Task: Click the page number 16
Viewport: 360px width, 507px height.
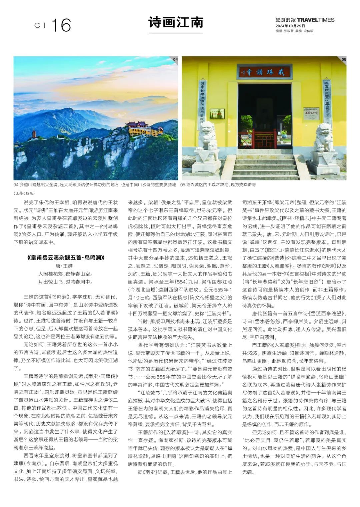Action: pos(61,25)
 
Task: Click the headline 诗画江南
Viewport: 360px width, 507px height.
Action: pos(175,22)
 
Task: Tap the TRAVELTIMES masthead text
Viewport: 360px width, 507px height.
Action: pos(316,20)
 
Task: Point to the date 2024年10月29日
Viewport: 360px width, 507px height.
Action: pos(286,26)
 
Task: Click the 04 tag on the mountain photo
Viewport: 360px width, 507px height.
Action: pos(175,60)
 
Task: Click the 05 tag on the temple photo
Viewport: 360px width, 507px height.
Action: pos(344,60)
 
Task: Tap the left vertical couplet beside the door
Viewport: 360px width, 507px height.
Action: pos(202,100)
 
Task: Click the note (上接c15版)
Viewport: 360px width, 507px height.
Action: pos(24,193)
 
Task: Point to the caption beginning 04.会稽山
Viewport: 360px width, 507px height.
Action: pos(95,184)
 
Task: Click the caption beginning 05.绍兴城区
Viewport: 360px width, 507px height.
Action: pos(218,184)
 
